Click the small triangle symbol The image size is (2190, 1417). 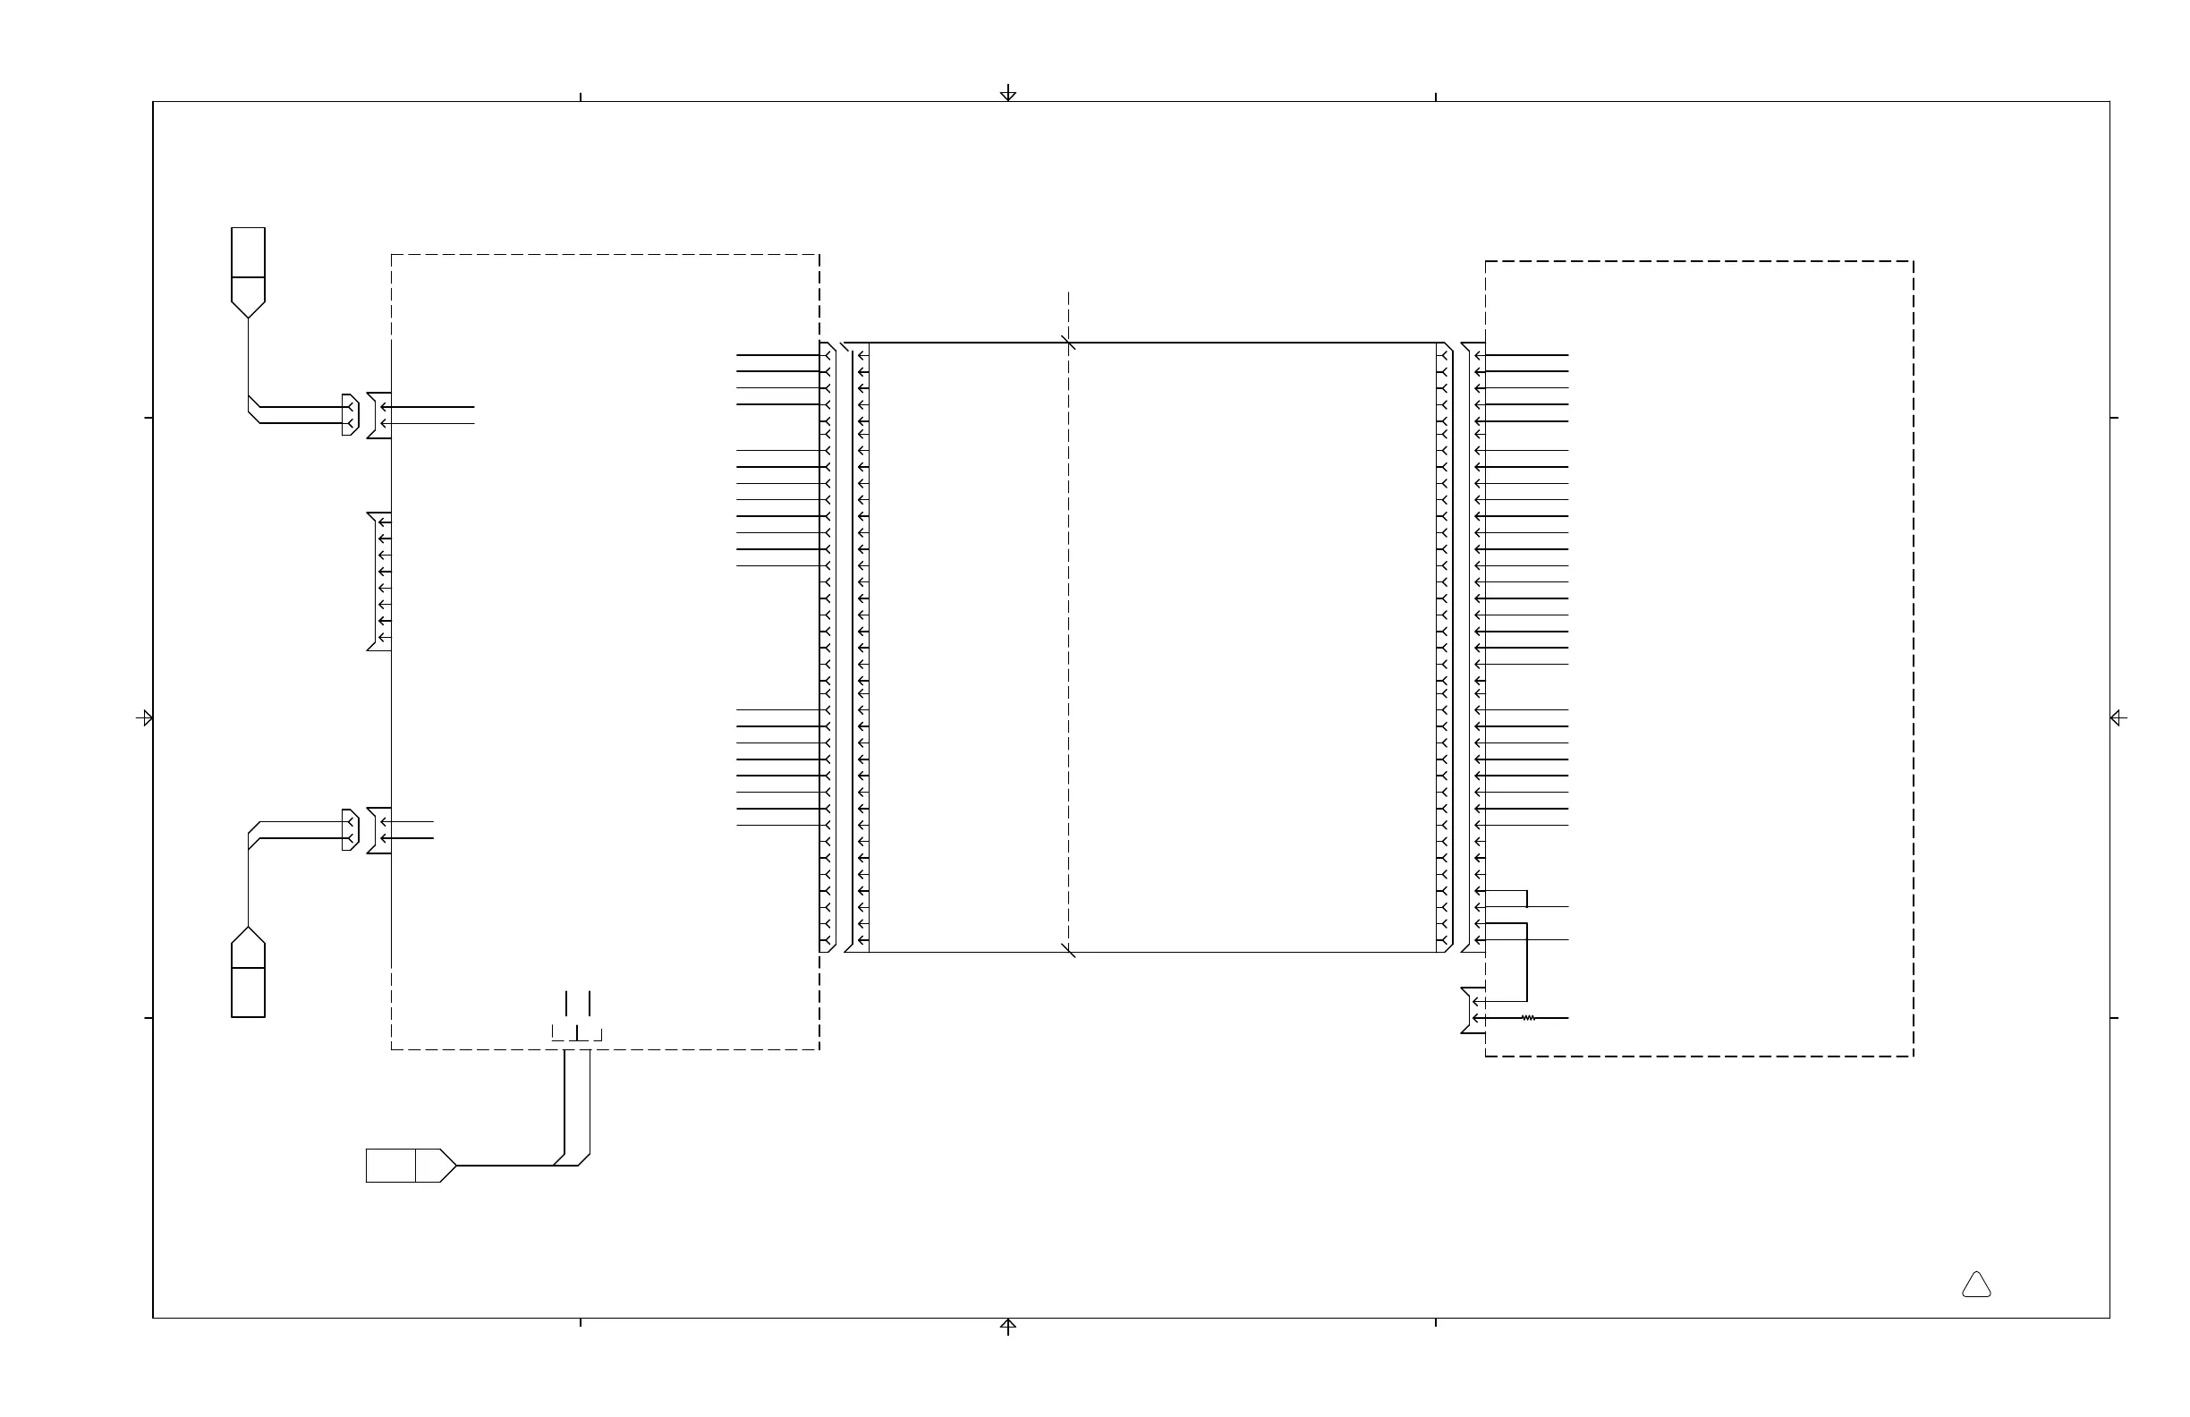1975,1285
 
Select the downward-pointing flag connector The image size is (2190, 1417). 248,272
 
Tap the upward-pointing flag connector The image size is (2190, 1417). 248,972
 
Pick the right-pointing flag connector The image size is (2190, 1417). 411,1166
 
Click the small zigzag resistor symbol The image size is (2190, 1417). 1528,1019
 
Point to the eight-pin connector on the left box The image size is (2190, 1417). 380,581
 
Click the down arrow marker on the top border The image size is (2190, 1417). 1007,93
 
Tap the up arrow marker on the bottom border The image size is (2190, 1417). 1007,1326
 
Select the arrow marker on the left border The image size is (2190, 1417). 144,717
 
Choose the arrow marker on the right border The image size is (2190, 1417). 2118,717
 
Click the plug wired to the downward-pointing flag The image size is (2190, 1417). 351,415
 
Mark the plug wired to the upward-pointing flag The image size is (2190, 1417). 351,830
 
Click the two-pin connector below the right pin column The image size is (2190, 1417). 1473,1010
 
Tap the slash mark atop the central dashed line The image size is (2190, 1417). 1068,344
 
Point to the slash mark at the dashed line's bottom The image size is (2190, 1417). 1068,951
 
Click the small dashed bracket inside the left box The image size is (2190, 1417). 577,1034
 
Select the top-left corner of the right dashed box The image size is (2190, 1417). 1485,261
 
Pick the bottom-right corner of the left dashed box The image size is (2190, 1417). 819,1050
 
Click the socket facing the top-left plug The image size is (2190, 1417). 379,415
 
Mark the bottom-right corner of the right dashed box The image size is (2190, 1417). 1914,1056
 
